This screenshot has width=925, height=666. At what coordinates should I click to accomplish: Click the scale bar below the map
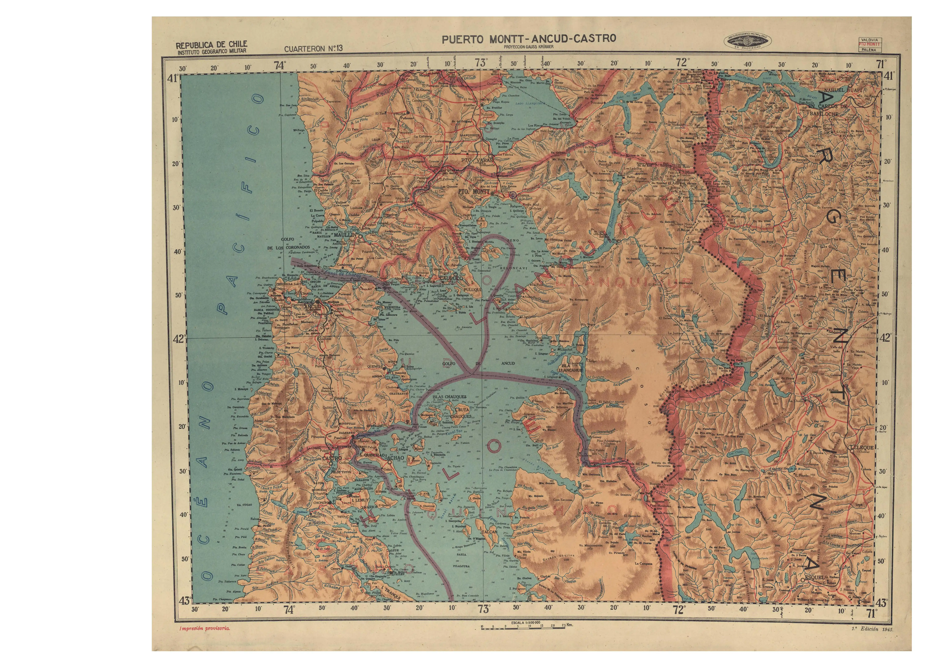(x=523, y=627)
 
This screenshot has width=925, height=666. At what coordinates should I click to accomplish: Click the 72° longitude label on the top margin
(x=681, y=62)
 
